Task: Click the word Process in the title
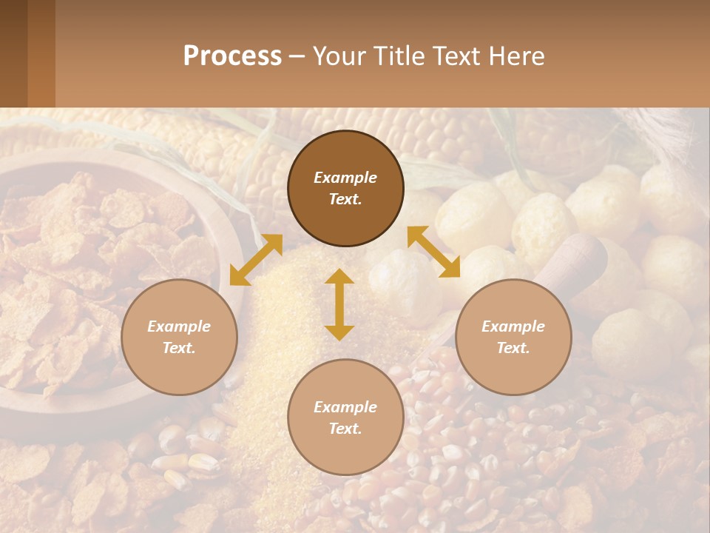point(232,56)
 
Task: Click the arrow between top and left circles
point(256,260)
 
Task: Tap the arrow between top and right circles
point(433,252)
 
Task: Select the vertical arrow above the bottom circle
point(339,304)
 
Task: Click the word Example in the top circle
point(345,178)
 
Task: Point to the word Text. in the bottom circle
point(345,429)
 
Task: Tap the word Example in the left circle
point(179,326)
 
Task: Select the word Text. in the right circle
point(513,348)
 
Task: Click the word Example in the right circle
point(513,326)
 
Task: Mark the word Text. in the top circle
point(345,199)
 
